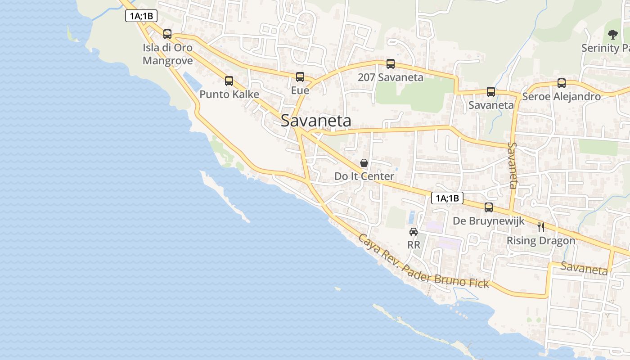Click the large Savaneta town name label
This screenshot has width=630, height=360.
tap(316, 121)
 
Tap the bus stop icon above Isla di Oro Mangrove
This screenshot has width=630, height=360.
tap(167, 34)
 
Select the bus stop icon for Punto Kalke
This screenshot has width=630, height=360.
tap(229, 81)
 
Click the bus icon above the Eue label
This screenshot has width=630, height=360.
tap(300, 77)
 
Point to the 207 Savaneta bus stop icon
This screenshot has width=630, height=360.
tap(391, 64)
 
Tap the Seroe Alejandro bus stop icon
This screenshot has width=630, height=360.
tap(562, 83)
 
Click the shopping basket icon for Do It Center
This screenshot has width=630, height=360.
tap(364, 163)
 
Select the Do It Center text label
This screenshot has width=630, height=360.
tap(364, 176)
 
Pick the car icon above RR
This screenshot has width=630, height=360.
tap(414, 232)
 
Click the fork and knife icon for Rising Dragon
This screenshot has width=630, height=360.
tap(541, 227)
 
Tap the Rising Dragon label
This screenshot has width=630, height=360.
tap(541, 241)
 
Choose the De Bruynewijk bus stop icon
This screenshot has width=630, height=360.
tap(489, 207)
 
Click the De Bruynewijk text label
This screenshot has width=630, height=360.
tap(489, 221)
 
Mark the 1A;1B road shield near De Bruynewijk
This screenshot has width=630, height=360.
tap(447, 198)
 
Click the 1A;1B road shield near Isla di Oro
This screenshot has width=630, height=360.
tap(141, 16)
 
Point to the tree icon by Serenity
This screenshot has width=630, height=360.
tap(612, 34)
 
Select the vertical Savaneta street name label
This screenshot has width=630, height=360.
tap(513, 165)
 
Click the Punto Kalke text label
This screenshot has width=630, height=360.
tap(229, 94)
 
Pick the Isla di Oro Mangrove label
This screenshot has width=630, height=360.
tap(167, 54)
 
